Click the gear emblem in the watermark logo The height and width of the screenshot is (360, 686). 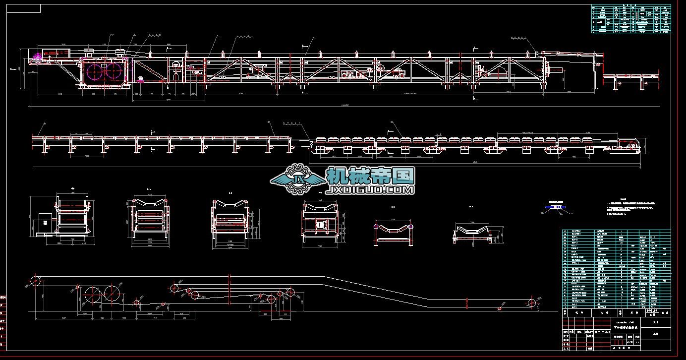[299, 179]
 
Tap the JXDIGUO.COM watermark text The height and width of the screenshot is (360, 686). [370, 189]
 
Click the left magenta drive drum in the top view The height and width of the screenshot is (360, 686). [96, 72]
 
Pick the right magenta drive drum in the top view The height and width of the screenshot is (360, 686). [114, 72]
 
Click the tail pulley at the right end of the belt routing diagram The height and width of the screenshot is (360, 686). [532, 303]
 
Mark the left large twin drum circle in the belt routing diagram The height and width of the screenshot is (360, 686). [93, 294]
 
